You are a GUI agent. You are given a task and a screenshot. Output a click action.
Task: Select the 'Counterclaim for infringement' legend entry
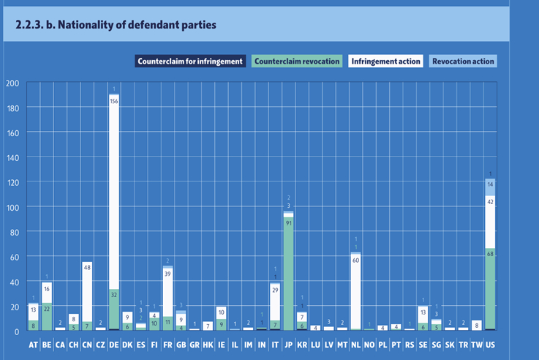189,61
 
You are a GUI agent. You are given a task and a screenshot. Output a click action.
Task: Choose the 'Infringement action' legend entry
385,61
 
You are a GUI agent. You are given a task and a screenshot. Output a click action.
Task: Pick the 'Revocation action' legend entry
462,61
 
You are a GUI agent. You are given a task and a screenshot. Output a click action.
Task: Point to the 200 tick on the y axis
12,83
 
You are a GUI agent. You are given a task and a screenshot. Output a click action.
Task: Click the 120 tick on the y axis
12,182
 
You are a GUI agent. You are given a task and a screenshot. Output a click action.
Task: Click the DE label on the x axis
113,345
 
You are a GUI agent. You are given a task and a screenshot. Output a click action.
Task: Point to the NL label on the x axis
355,345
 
